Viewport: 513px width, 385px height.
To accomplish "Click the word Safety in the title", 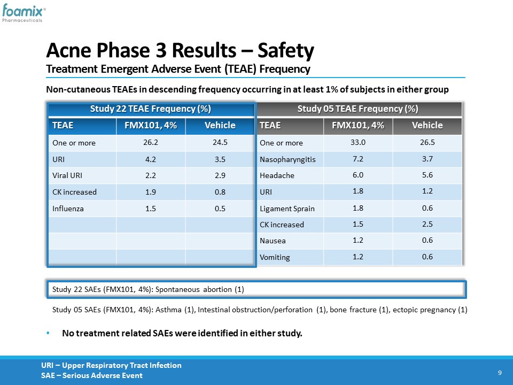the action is pos(285,51).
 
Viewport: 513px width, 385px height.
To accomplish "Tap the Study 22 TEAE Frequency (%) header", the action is pos(151,109).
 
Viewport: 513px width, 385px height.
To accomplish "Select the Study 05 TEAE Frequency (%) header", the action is pos(358,109).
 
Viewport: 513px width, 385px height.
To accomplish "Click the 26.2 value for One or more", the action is pos(151,142).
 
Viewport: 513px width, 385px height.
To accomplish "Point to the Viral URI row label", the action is pos(67,175).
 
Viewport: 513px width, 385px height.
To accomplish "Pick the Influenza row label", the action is pos(68,209).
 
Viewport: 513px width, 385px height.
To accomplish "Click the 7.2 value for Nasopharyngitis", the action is pos(358,159).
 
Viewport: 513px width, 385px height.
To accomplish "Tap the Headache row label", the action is pos(277,175).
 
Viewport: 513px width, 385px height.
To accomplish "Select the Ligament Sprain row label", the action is pos(287,209).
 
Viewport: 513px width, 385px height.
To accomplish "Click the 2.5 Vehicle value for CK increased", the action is pos(428,224).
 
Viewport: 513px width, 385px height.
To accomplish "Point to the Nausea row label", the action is pos(273,241).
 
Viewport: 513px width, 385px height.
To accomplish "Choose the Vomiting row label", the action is pos(275,258).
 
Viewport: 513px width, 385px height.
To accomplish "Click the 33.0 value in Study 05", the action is pos(358,142).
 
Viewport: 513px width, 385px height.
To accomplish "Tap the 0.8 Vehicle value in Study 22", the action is pos(220,192).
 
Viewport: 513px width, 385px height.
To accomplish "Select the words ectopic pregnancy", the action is pos(424,310).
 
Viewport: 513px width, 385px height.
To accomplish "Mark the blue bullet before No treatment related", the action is pos(48,333).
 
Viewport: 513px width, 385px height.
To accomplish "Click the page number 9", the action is pos(500,373).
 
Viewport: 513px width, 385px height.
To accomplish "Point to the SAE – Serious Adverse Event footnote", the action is pos(91,375).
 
